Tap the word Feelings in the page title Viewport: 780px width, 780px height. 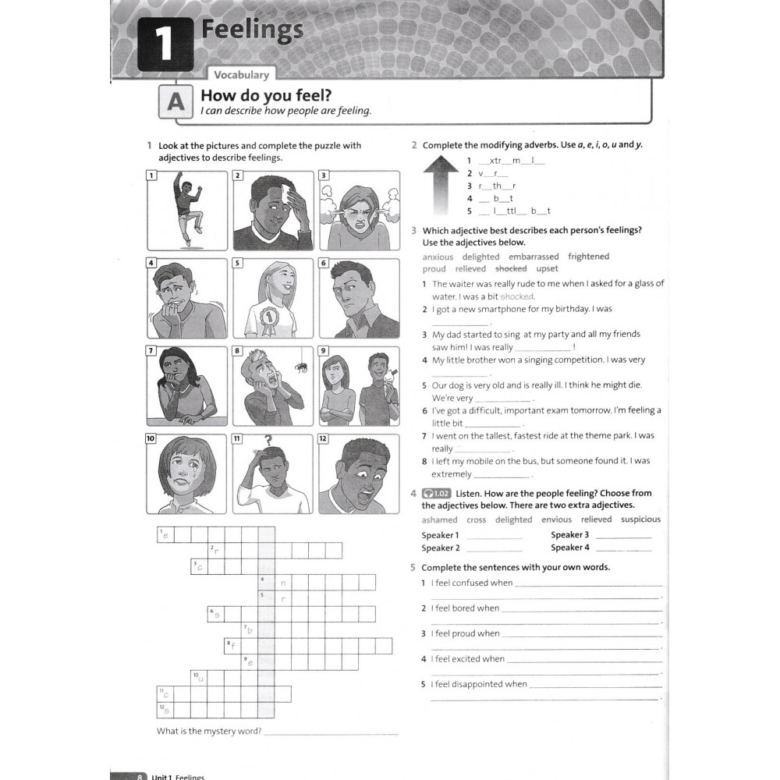[252, 31]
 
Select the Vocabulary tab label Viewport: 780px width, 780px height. [241, 75]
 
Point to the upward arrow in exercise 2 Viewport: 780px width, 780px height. [441, 185]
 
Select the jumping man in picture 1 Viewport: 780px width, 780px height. [187, 207]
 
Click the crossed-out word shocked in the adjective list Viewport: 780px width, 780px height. [511, 268]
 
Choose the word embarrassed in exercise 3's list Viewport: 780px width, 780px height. [534, 257]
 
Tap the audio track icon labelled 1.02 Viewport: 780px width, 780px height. [436, 494]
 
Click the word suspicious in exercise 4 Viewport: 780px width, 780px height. [640, 519]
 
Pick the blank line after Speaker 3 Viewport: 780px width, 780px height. [622, 537]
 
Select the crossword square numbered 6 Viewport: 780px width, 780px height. [216, 612]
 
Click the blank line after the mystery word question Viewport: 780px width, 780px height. [331, 733]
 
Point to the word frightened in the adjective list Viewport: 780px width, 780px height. [588, 257]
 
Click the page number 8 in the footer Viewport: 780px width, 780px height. [140, 776]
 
